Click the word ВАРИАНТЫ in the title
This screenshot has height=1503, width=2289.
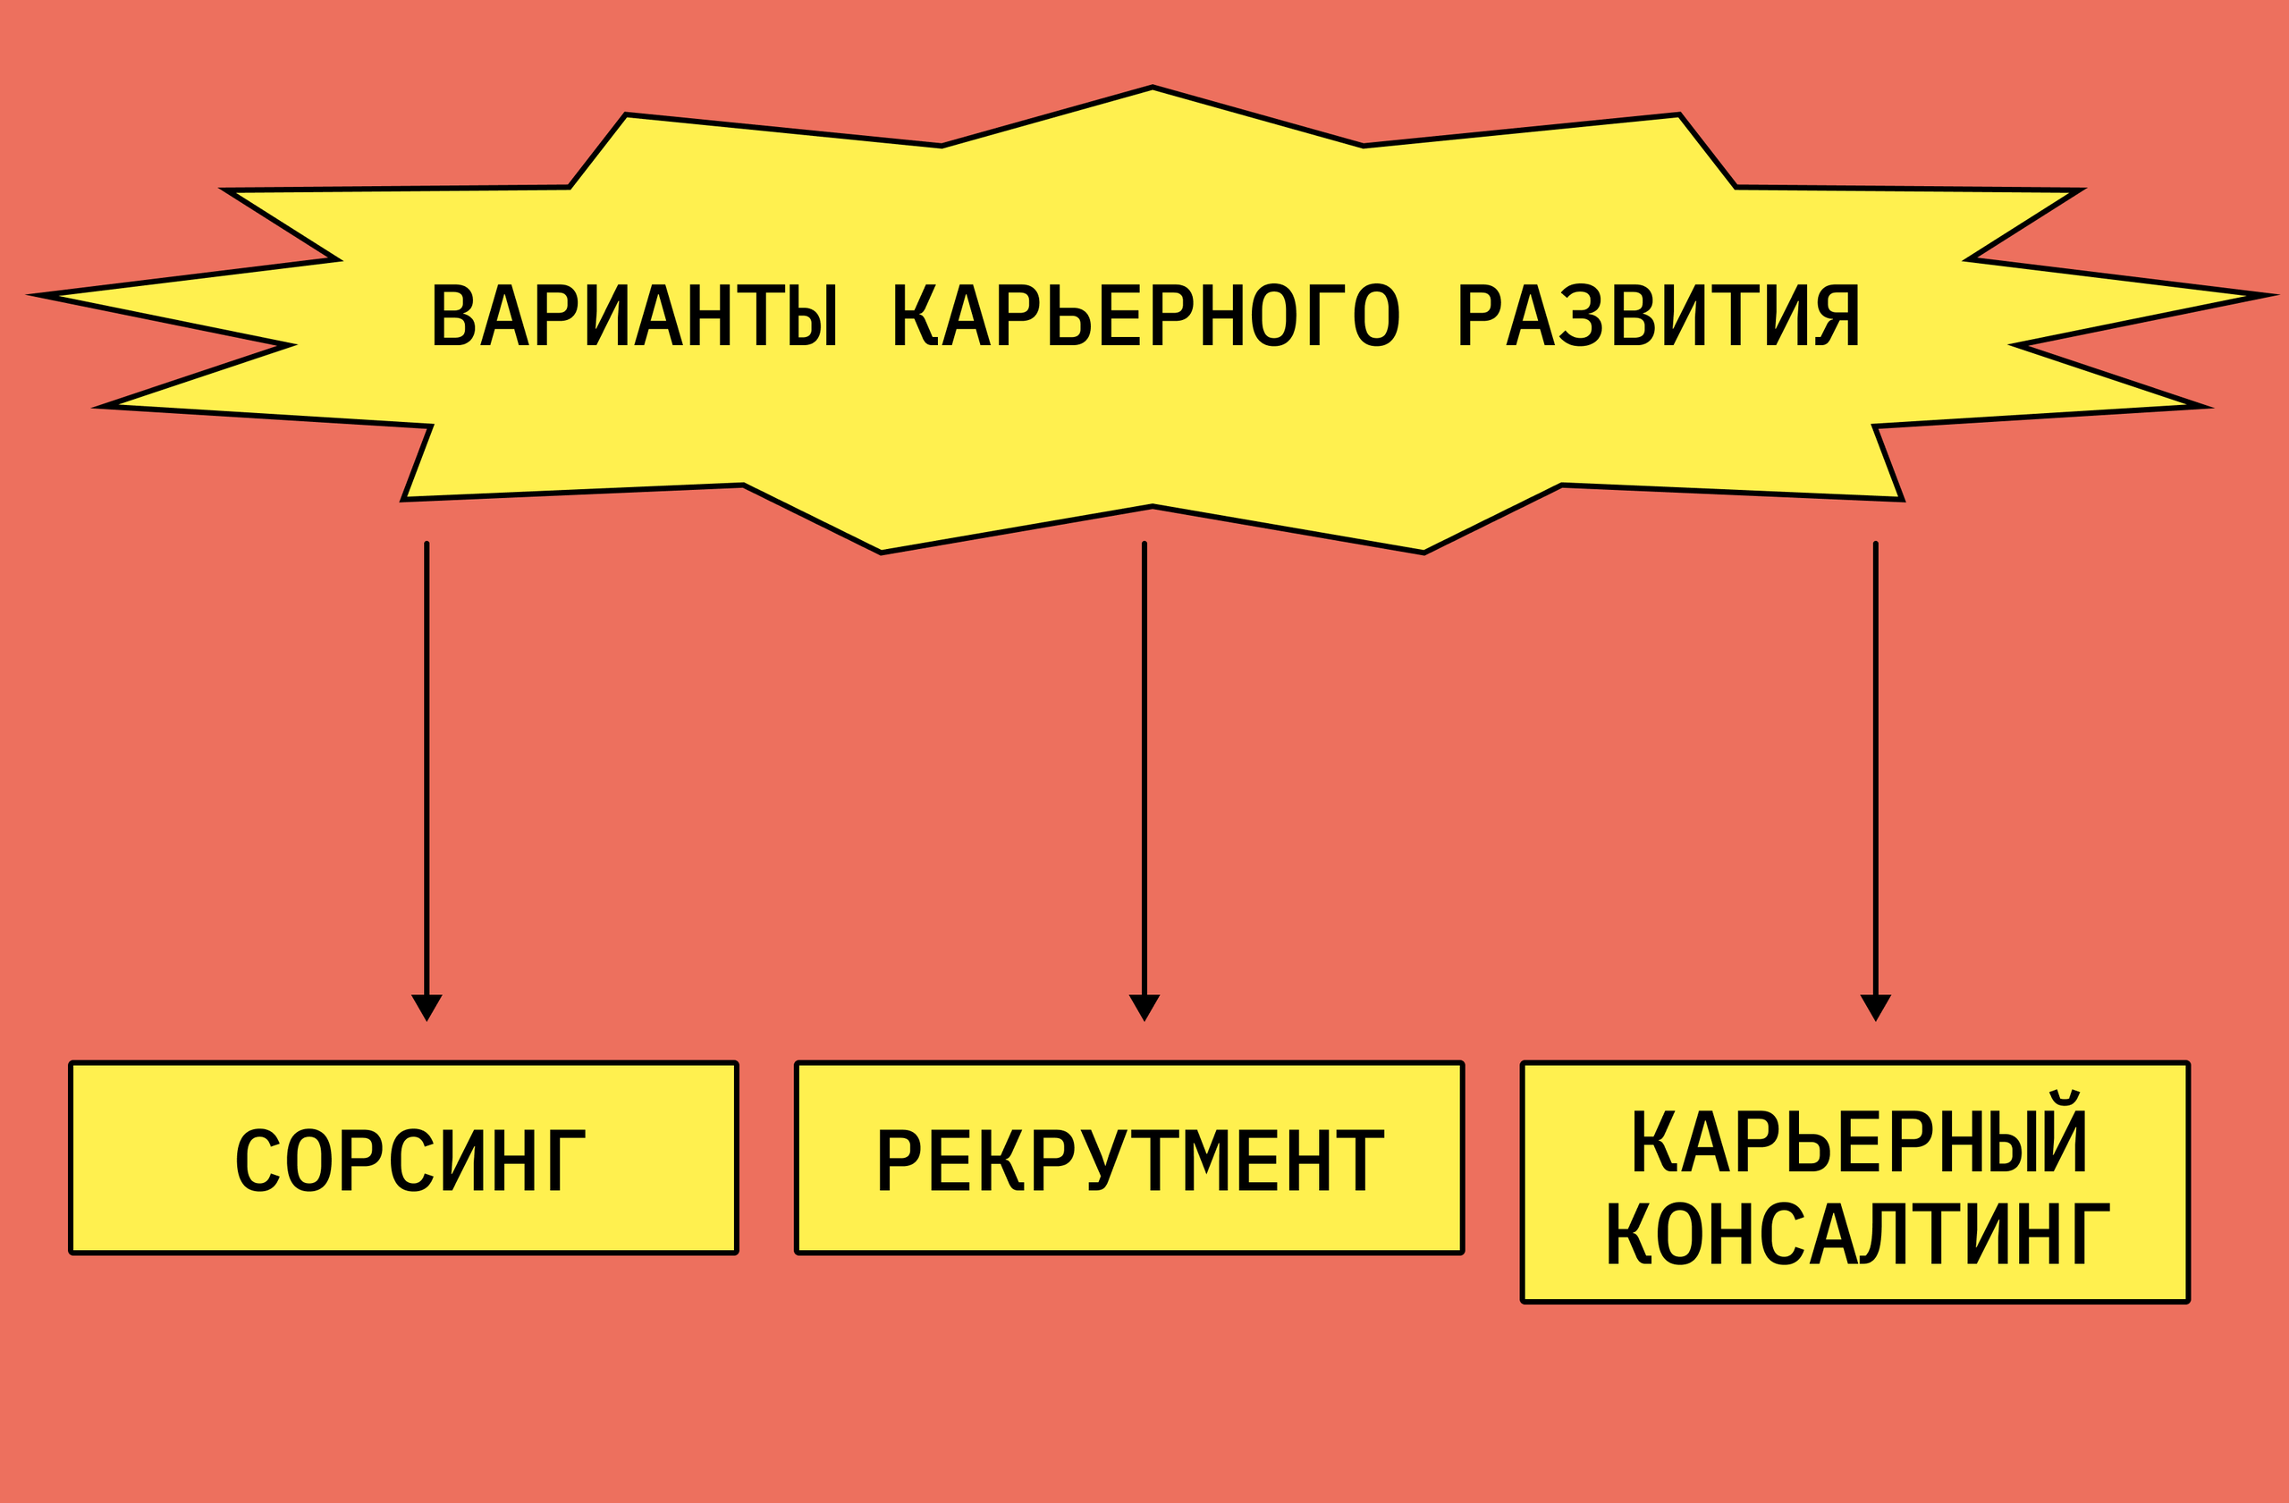(x=635, y=316)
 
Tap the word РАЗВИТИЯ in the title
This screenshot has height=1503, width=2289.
(x=1658, y=316)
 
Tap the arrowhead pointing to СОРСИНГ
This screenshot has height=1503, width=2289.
(x=427, y=1007)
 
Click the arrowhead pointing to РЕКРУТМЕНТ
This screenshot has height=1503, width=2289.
(x=1144, y=1007)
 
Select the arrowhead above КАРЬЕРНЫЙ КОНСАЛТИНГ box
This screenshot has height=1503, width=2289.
(x=1875, y=1007)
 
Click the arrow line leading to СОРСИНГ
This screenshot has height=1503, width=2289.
(x=427, y=769)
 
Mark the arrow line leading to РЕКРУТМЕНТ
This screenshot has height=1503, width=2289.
(x=1144, y=769)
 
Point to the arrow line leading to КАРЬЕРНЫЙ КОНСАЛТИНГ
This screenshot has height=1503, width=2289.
(x=1875, y=769)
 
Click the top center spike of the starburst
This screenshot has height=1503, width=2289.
(x=1153, y=91)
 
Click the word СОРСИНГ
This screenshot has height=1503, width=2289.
(x=410, y=1160)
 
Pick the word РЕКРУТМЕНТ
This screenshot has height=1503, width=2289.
(x=1131, y=1160)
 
